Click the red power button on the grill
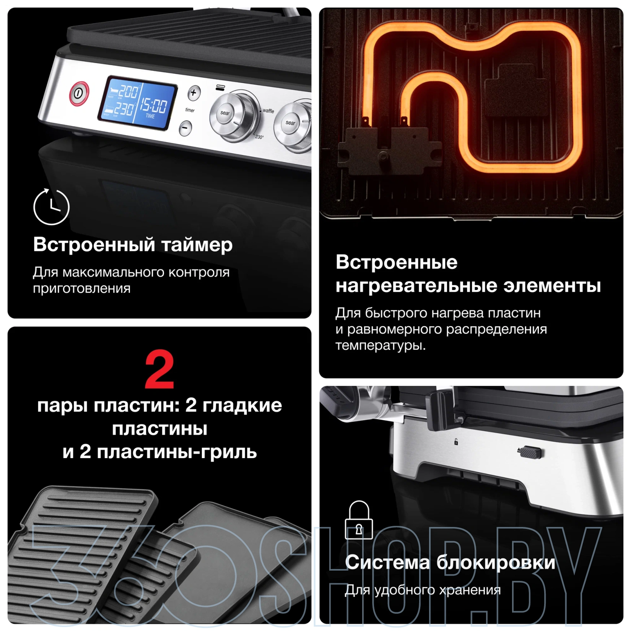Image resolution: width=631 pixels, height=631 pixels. [x=79, y=93]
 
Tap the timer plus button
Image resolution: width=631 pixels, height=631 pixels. [x=194, y=93]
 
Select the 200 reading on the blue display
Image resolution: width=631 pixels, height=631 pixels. [x=128, y=91]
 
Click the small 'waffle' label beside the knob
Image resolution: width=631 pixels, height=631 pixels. [x=268, y=111]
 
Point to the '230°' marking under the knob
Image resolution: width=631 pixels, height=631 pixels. [x=259, y=137]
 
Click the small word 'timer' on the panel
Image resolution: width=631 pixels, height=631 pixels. [x=190, y=110]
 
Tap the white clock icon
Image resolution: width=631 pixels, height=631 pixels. [x=51, y=207]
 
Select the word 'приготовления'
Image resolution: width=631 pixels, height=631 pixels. [x=81, y=289]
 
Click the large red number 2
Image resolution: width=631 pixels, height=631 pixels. [x=159, y=370]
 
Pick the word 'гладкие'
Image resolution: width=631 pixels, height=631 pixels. [x=242, y=405]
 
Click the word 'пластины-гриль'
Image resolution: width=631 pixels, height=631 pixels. [x=177, y=452]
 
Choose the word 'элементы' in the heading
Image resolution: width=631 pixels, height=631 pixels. [x=552, y=286]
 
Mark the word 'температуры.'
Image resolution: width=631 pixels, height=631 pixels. [x=381, y=346]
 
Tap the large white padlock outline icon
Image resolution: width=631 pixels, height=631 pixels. [x=359, y=520]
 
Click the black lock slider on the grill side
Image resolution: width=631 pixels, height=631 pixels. [x=531, y=452]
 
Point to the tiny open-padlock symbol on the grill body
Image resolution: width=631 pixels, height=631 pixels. [x=456, y=442]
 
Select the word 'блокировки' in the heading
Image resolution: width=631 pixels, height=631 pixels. [x=496, y=563]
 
